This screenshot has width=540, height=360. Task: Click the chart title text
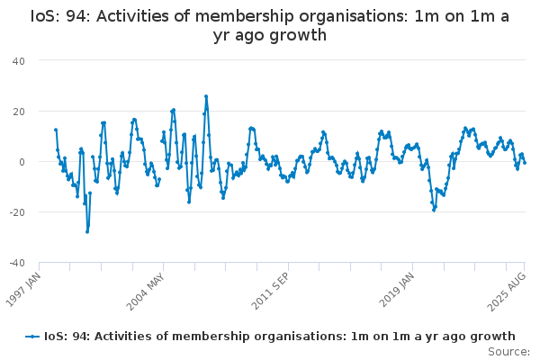(270, 25)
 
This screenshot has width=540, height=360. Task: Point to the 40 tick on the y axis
(19, 61)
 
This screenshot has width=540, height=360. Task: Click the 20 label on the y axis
(19, 112)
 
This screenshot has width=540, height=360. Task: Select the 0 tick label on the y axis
(22, 162)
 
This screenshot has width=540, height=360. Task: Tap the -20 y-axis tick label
(17, 212)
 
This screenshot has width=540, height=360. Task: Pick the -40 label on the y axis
(17, 263)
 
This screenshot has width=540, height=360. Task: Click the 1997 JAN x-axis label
(23, 290)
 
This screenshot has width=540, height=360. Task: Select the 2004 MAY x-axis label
(145, 292)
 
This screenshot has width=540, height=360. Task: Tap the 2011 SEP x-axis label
(270, 291)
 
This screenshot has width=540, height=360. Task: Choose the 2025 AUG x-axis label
(507, 292)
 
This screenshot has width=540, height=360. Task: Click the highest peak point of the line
(206, 96)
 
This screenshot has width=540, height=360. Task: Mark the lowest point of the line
(87, 232)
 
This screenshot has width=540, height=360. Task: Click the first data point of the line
(56, 130)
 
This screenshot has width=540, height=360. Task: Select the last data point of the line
(525, 163)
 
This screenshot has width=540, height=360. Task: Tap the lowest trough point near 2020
(434, 210)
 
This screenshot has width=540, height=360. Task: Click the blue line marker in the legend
(32, 337)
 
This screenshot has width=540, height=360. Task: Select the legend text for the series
(280, 337)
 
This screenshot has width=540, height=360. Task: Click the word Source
(508, 352)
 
